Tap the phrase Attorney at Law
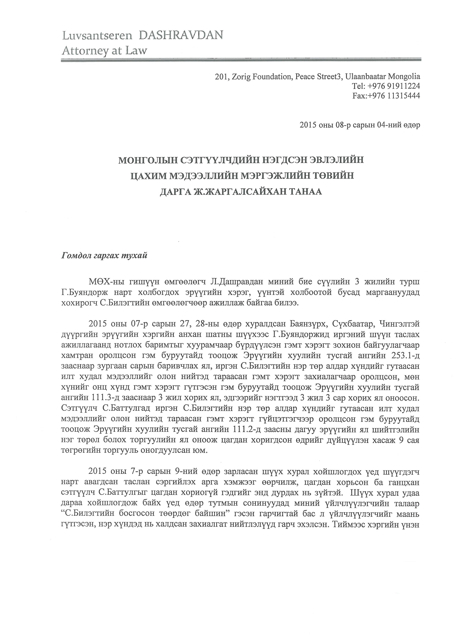coord(104,51)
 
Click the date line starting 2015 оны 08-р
coord(360,125)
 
